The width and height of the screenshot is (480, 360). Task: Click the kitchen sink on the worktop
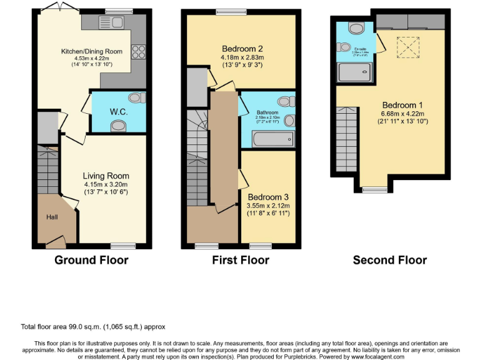click(x=111, y=23)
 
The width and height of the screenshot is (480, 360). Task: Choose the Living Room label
click(x=106, y=176)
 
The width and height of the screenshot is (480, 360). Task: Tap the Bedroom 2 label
click(x=241, y=49)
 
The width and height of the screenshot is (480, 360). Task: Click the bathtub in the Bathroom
click(x=272, y=140)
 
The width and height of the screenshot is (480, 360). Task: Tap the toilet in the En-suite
click(x=356, y=28)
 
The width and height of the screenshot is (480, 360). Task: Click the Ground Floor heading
click(x=91, y=260)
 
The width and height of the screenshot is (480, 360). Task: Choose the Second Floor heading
click(x=389, y=260)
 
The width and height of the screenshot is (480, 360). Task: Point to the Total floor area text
click(x=93, y=327)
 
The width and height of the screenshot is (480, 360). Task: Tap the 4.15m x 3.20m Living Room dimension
click(x=106, y=184)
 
